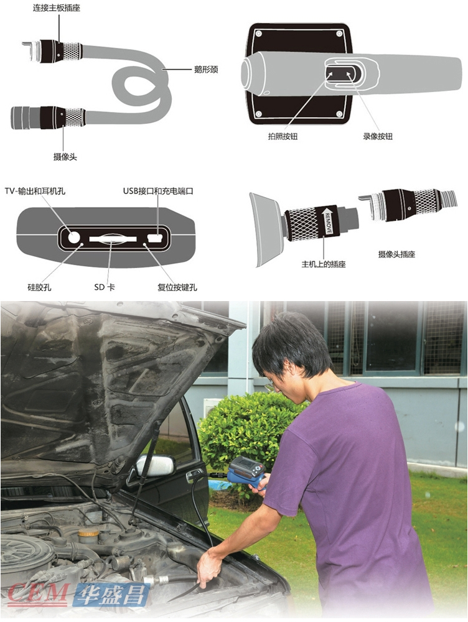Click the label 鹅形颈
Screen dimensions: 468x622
tap(206, 70)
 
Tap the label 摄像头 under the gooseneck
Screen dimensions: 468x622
tap(65, 157)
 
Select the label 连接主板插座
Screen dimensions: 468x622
tap(57, 8)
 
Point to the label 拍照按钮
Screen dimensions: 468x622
tap(283, 136)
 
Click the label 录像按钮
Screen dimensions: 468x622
tap(378, 136)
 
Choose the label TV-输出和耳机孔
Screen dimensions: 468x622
tap(35, 191)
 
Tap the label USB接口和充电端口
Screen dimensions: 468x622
tap(158, 191)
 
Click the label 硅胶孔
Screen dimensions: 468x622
tap(39, 287)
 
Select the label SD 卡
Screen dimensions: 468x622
tap(105, 287)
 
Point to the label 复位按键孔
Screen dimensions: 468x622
tap(177, 287)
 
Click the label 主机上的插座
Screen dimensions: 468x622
tap(324, 264)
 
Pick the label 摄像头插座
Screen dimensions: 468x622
tap(396, 254)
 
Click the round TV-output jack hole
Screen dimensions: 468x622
tap(74, 237)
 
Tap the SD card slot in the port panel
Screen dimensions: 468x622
tap(113, 239)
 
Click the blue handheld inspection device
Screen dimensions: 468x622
tap(247, 473)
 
